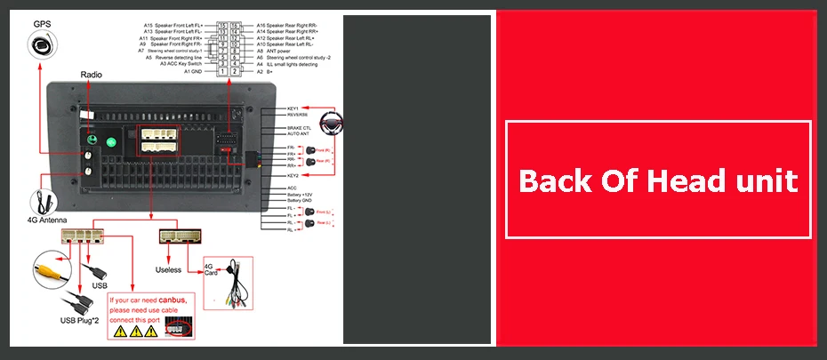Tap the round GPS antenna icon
click(38, 44)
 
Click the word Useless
click(168, 269)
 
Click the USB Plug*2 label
click(81, 321)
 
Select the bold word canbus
click(172, 300)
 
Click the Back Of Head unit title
click(658, 182)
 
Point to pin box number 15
click(221, 26)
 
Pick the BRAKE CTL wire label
click(299, 129)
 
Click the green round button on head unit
click(112, 141)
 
